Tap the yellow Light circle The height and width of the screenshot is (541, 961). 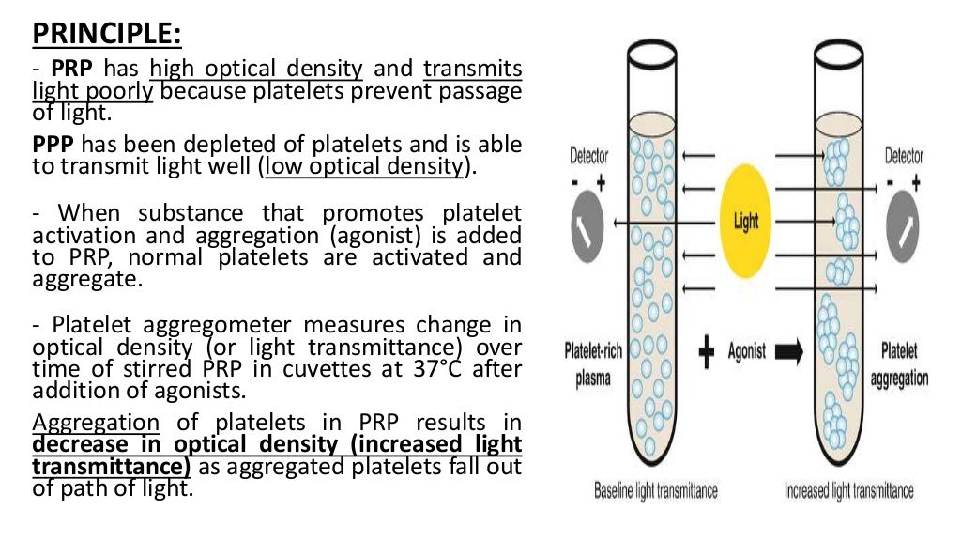tap(746, 222)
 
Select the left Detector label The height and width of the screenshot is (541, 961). tap(589, 156)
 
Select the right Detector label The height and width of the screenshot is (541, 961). tap(904, 156)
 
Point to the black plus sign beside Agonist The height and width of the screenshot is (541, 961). tap(706, 352)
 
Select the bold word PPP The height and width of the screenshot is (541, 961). tap(53, 145)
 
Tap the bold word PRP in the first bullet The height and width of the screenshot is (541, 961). tap(70, 69)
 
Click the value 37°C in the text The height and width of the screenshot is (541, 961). tap(435, 368)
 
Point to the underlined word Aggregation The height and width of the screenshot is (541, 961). tap(97, 421)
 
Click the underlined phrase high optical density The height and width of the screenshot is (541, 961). tap(256, 69)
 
